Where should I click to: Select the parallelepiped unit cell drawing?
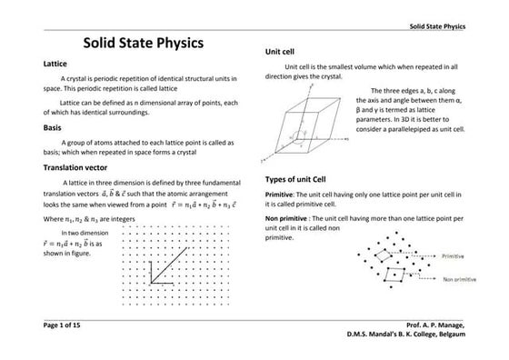[x=314, y=127]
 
